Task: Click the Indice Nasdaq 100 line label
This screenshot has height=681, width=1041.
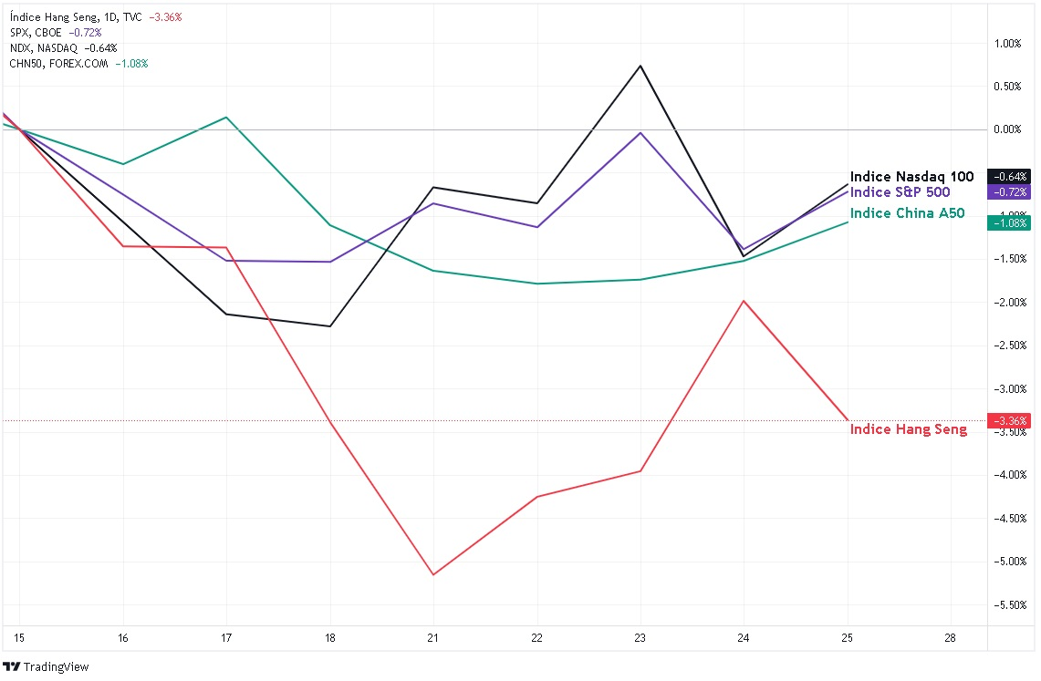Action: pyautogui.click(x=911, y=177)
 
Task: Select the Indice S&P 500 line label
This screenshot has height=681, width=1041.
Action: pyautogui.click(x=900, y=192)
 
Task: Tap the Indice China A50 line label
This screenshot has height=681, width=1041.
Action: pyautogui.click(x=907, y=213)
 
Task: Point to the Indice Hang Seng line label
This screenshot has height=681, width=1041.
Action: pyautogui.click(x=909, y=429)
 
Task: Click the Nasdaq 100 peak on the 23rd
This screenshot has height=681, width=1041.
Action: pyautogui.click(x=640, y=66)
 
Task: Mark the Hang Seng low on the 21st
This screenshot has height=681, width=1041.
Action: pyautogui.click(x=433, y=574)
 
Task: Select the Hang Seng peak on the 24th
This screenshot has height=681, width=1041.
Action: pyautogui.click(x=744, y=301)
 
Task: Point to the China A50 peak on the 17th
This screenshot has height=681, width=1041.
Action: pyautogui.click(x=226, y=117)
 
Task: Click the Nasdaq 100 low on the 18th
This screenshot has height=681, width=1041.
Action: pyautogui.click(x=329, y=326)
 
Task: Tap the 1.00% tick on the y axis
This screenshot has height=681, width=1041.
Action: pyautogui.click(x=1007, y=44)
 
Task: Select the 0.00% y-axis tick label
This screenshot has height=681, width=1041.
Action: pyautogui.click(x=1007, y=130)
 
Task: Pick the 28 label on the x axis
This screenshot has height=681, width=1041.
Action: pyautogui.click(x=951, y=638)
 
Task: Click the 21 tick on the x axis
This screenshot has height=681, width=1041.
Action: pyautogui.click(x=433, y=638)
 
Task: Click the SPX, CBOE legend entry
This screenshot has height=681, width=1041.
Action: pyautogui.click(x=36, y=32)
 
